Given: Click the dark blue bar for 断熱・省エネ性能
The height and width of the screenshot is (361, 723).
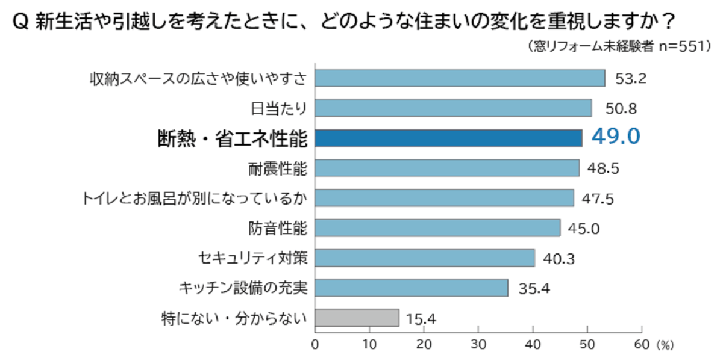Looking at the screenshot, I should pos(448,138).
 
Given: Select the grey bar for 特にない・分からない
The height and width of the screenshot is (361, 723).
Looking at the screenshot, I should pos(357,318).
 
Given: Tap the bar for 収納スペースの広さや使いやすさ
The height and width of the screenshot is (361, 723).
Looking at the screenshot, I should pos(460,78).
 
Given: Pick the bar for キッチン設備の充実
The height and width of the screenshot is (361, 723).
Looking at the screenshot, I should pos(411,288).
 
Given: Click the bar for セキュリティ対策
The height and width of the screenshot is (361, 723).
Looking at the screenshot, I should pos(425,258).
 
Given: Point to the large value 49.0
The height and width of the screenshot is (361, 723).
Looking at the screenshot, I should pos(615,137).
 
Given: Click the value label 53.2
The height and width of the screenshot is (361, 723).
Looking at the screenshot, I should pos(630,79).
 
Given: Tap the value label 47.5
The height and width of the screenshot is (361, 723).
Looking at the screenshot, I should pos(598,199).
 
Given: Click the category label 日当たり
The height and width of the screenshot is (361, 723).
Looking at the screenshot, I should pos(278,108).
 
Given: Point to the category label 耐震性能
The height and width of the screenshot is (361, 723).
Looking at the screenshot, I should pos(278,168).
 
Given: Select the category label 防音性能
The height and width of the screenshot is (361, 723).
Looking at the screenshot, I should pos(278,229).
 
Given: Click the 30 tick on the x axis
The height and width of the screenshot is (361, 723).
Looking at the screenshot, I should pos(478,345).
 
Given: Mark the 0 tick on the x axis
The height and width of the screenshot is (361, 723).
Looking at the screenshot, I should pos(315,345).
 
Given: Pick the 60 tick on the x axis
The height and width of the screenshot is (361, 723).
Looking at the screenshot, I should pos(642,345).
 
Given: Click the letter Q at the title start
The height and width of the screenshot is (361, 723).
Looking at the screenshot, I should pos(17,22).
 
